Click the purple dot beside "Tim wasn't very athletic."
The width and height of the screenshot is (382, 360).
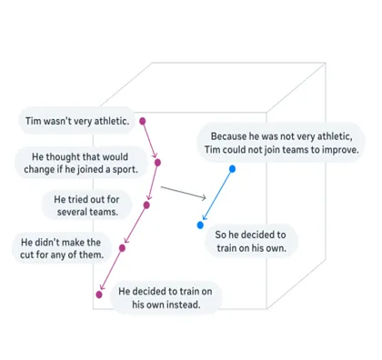(x=144, y=120)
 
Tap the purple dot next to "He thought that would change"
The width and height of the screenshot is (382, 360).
(x=157, y=163)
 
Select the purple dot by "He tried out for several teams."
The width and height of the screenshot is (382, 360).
(x=146, y=205)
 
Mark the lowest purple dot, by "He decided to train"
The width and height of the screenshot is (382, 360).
(x=99, y=294)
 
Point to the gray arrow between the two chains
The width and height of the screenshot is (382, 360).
(x=182, y=194)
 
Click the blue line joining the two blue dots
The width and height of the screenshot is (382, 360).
(x=216, y=196)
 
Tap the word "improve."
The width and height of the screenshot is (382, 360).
(x=337, y=149)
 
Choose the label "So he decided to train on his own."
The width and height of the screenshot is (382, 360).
(x=249, y=241)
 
